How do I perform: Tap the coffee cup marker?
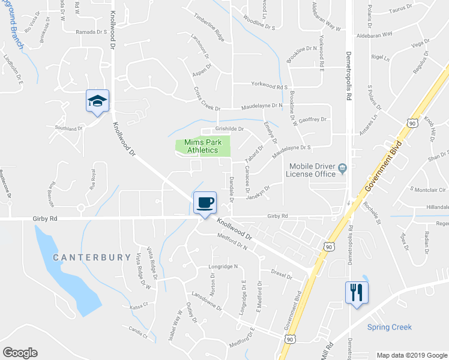[x=205, y=202]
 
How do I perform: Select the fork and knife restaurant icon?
[x=357, y=292]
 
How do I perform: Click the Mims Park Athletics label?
[x=202, y=146]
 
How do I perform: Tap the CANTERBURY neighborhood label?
[x=91, y=257]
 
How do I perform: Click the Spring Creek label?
[x=390, y=327]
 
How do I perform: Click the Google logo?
[x=20, y=353]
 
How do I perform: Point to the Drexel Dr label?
[x=281, y=277]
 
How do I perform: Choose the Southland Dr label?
[x=68, y=128]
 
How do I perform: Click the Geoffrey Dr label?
[x=313, y=119]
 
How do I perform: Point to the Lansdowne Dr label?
[x=206, y=300]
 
